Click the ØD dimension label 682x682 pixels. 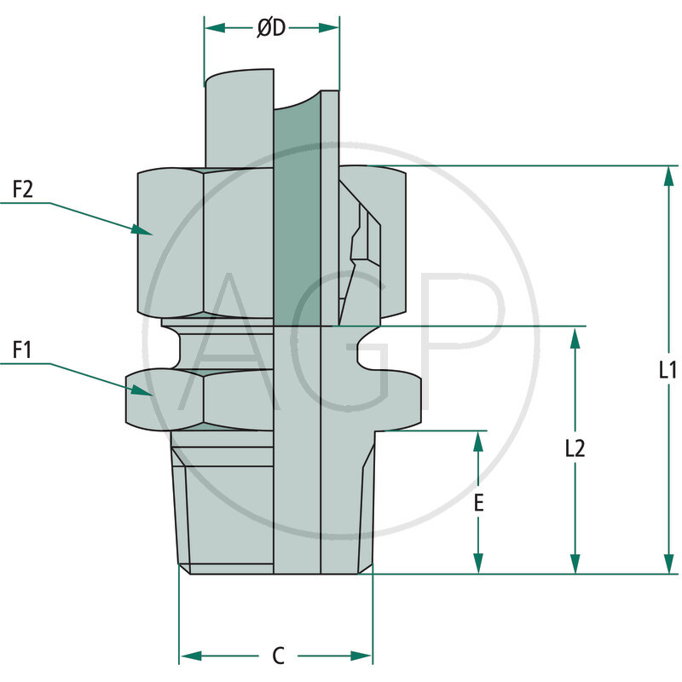coord(271,28)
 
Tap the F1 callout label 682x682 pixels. coord(21,350)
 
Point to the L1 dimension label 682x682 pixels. coord(668,370)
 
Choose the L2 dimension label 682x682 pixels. coord(575,449)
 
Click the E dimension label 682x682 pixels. coord(479,503)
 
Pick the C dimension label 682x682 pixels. coord(277,656)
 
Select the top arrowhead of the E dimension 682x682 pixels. coord(479,442)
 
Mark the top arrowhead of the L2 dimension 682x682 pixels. coord(576,337)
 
